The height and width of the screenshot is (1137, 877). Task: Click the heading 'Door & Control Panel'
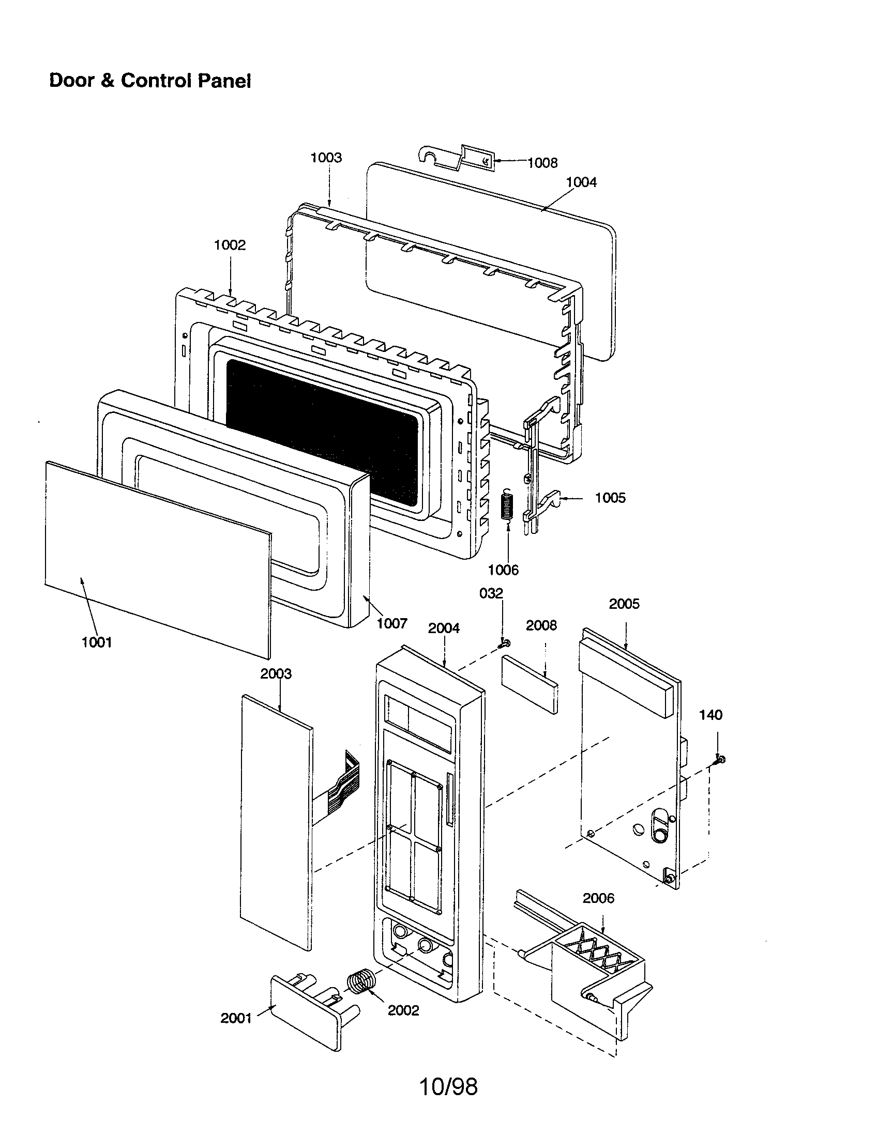[150, 81]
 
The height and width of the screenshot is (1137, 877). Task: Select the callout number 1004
[581, 182]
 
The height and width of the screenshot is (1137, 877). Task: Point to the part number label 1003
[326, 158]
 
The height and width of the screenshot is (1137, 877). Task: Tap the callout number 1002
[230, 245]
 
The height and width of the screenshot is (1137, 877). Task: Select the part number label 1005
[610, 498]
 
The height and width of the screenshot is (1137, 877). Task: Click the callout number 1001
[97, 642]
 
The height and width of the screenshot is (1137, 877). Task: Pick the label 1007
[391, 623]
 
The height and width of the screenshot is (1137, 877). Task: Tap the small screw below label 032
[504, 643]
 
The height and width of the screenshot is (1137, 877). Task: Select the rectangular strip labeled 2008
[530, 684]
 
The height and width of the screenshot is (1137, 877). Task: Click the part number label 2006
[598, 898]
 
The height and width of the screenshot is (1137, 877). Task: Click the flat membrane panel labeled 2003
[276, 823]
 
